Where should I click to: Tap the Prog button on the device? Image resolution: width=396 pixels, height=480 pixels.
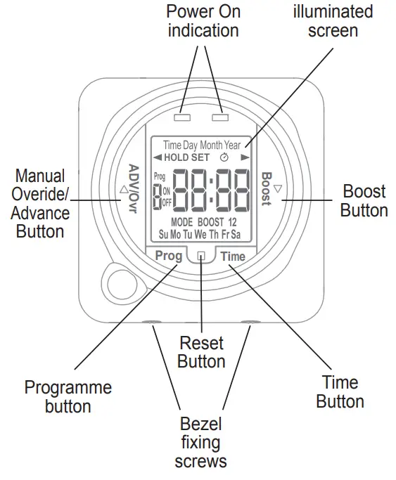pyautogui.click(x=169, y=256)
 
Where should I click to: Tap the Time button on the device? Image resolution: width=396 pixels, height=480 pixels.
pyautogui.click(x=232, y=257)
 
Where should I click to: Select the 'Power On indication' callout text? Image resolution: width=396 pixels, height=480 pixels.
pyautogui.click(x=203, y=21)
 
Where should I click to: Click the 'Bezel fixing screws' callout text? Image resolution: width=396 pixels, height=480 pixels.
pyautogui.click(x=200, y=443)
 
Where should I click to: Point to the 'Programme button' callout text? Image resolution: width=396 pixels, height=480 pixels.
pyautogui.click(x=68, y=396)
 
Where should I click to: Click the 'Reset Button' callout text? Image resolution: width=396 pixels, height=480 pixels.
pyautogui.click(x=201, y=353)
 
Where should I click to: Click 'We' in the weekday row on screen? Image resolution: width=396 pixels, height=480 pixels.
pyautogui.click(x=200, y=233)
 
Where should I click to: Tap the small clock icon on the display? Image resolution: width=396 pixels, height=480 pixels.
pyautogui.click(x=224, y=157)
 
